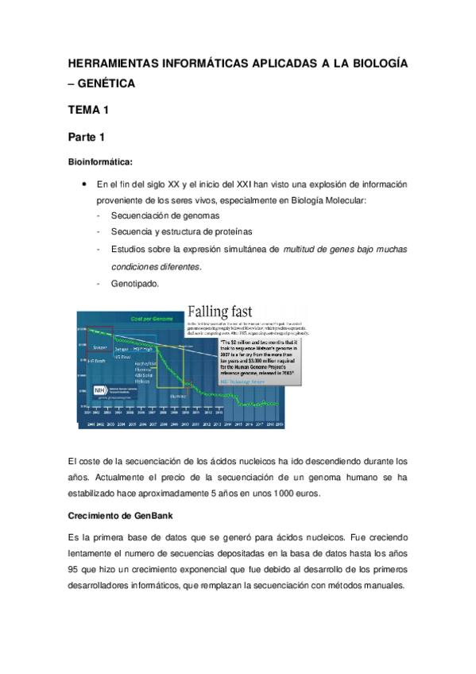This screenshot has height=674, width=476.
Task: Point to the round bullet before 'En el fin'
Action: (x=84, y=184)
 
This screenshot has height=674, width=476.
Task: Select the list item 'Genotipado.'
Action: (x=135, y=284)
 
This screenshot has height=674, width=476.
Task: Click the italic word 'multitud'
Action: (x=303, y=250)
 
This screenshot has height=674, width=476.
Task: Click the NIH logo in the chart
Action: (x=95, y=390)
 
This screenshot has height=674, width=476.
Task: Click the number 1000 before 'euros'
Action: (x=287, y=494)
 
